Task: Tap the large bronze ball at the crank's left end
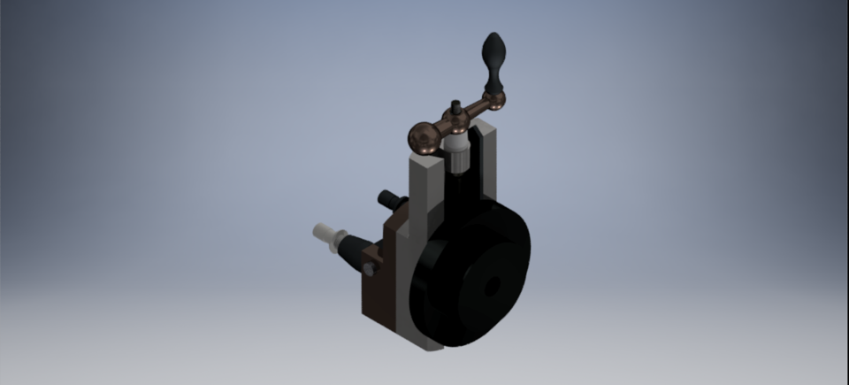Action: [423, 137]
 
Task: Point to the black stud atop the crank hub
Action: [455, 108]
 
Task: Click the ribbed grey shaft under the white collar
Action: [457, 161]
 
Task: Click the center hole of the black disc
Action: [492, 286]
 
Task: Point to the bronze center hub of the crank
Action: [456, 123]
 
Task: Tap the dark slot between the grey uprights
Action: [463, 190]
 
